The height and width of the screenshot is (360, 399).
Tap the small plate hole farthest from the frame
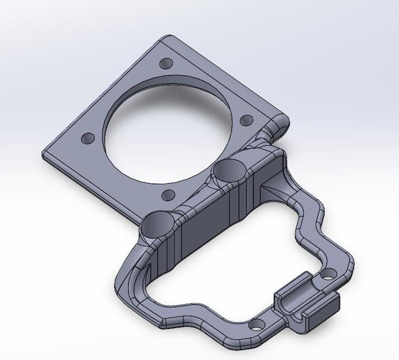pos(166,63)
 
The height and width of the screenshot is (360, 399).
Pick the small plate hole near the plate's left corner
pos(88,138)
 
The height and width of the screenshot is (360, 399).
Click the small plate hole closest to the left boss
pos(169,194)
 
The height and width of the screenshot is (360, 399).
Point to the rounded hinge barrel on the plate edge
pos(279,125)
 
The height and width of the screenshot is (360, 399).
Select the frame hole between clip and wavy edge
pos(329,274)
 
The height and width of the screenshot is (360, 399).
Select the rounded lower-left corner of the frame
pos(122,294)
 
